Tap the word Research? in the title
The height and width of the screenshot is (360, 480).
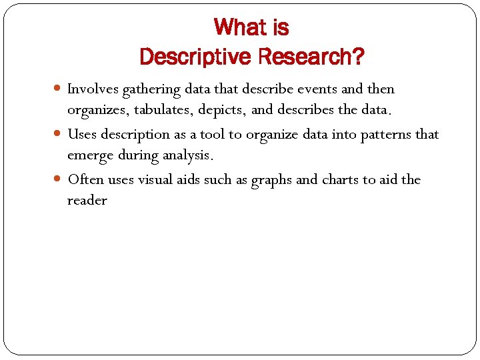[311, 57]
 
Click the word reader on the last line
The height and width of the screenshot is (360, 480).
[87, 201]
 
